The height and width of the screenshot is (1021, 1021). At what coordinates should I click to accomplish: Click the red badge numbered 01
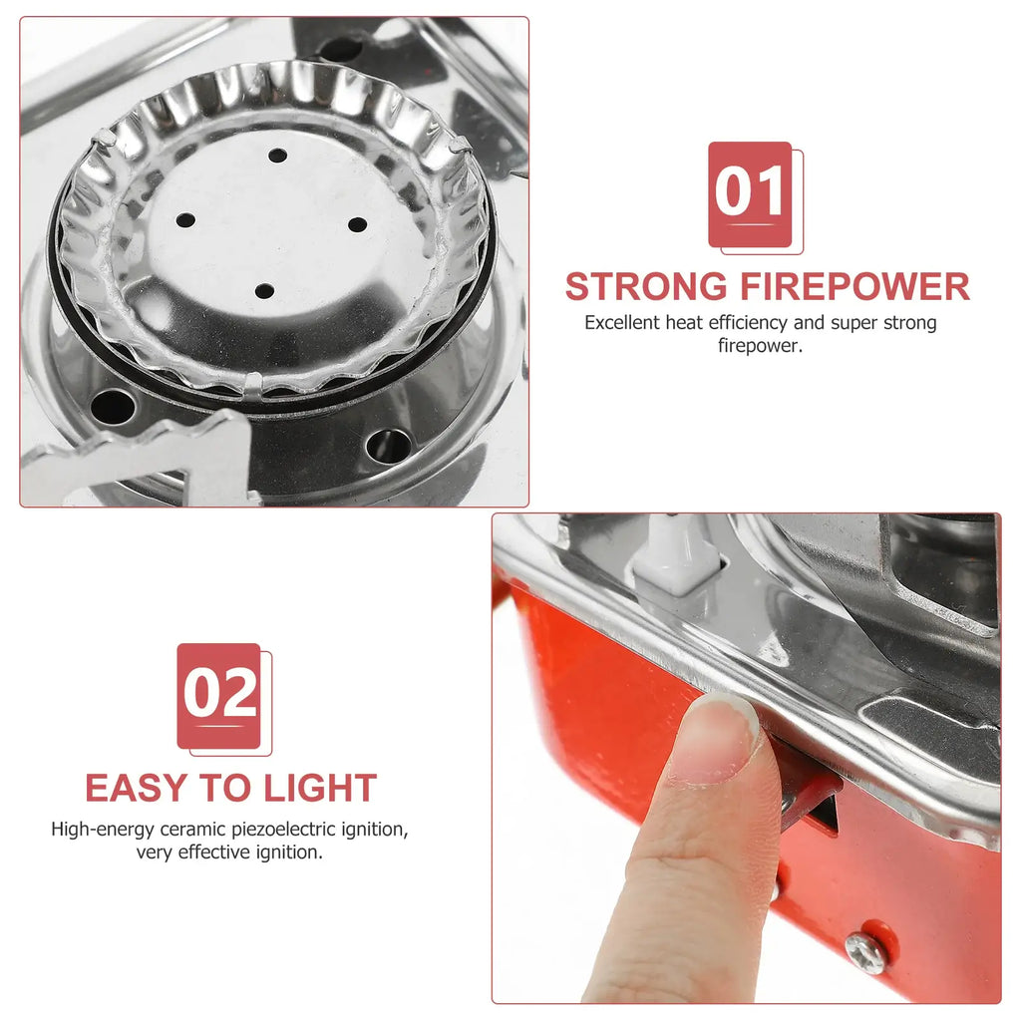[750, 194]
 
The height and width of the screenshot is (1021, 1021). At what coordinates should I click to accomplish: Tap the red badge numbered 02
[218, 695]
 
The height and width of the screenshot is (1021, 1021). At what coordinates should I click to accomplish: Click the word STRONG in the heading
[646, 286]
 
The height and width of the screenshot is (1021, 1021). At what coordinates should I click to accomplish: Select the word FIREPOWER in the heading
[854, 286]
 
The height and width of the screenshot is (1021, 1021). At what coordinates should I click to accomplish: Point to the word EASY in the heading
[138, 788]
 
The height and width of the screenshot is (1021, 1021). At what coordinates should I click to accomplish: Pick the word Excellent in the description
[621, 323]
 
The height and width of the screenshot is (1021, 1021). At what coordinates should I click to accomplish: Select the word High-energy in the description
[103, 830]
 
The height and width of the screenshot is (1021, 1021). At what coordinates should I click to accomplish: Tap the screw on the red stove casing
[865, 952]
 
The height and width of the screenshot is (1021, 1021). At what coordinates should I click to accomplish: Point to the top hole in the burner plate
[278, 155]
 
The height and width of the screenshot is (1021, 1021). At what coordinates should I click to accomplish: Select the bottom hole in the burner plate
[264, 290]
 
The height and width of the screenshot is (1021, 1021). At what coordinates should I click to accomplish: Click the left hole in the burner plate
[185, 220]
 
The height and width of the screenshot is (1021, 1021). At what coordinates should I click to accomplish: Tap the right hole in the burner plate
[358, 224]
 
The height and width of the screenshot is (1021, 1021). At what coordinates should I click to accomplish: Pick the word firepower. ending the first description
[761, 346]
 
